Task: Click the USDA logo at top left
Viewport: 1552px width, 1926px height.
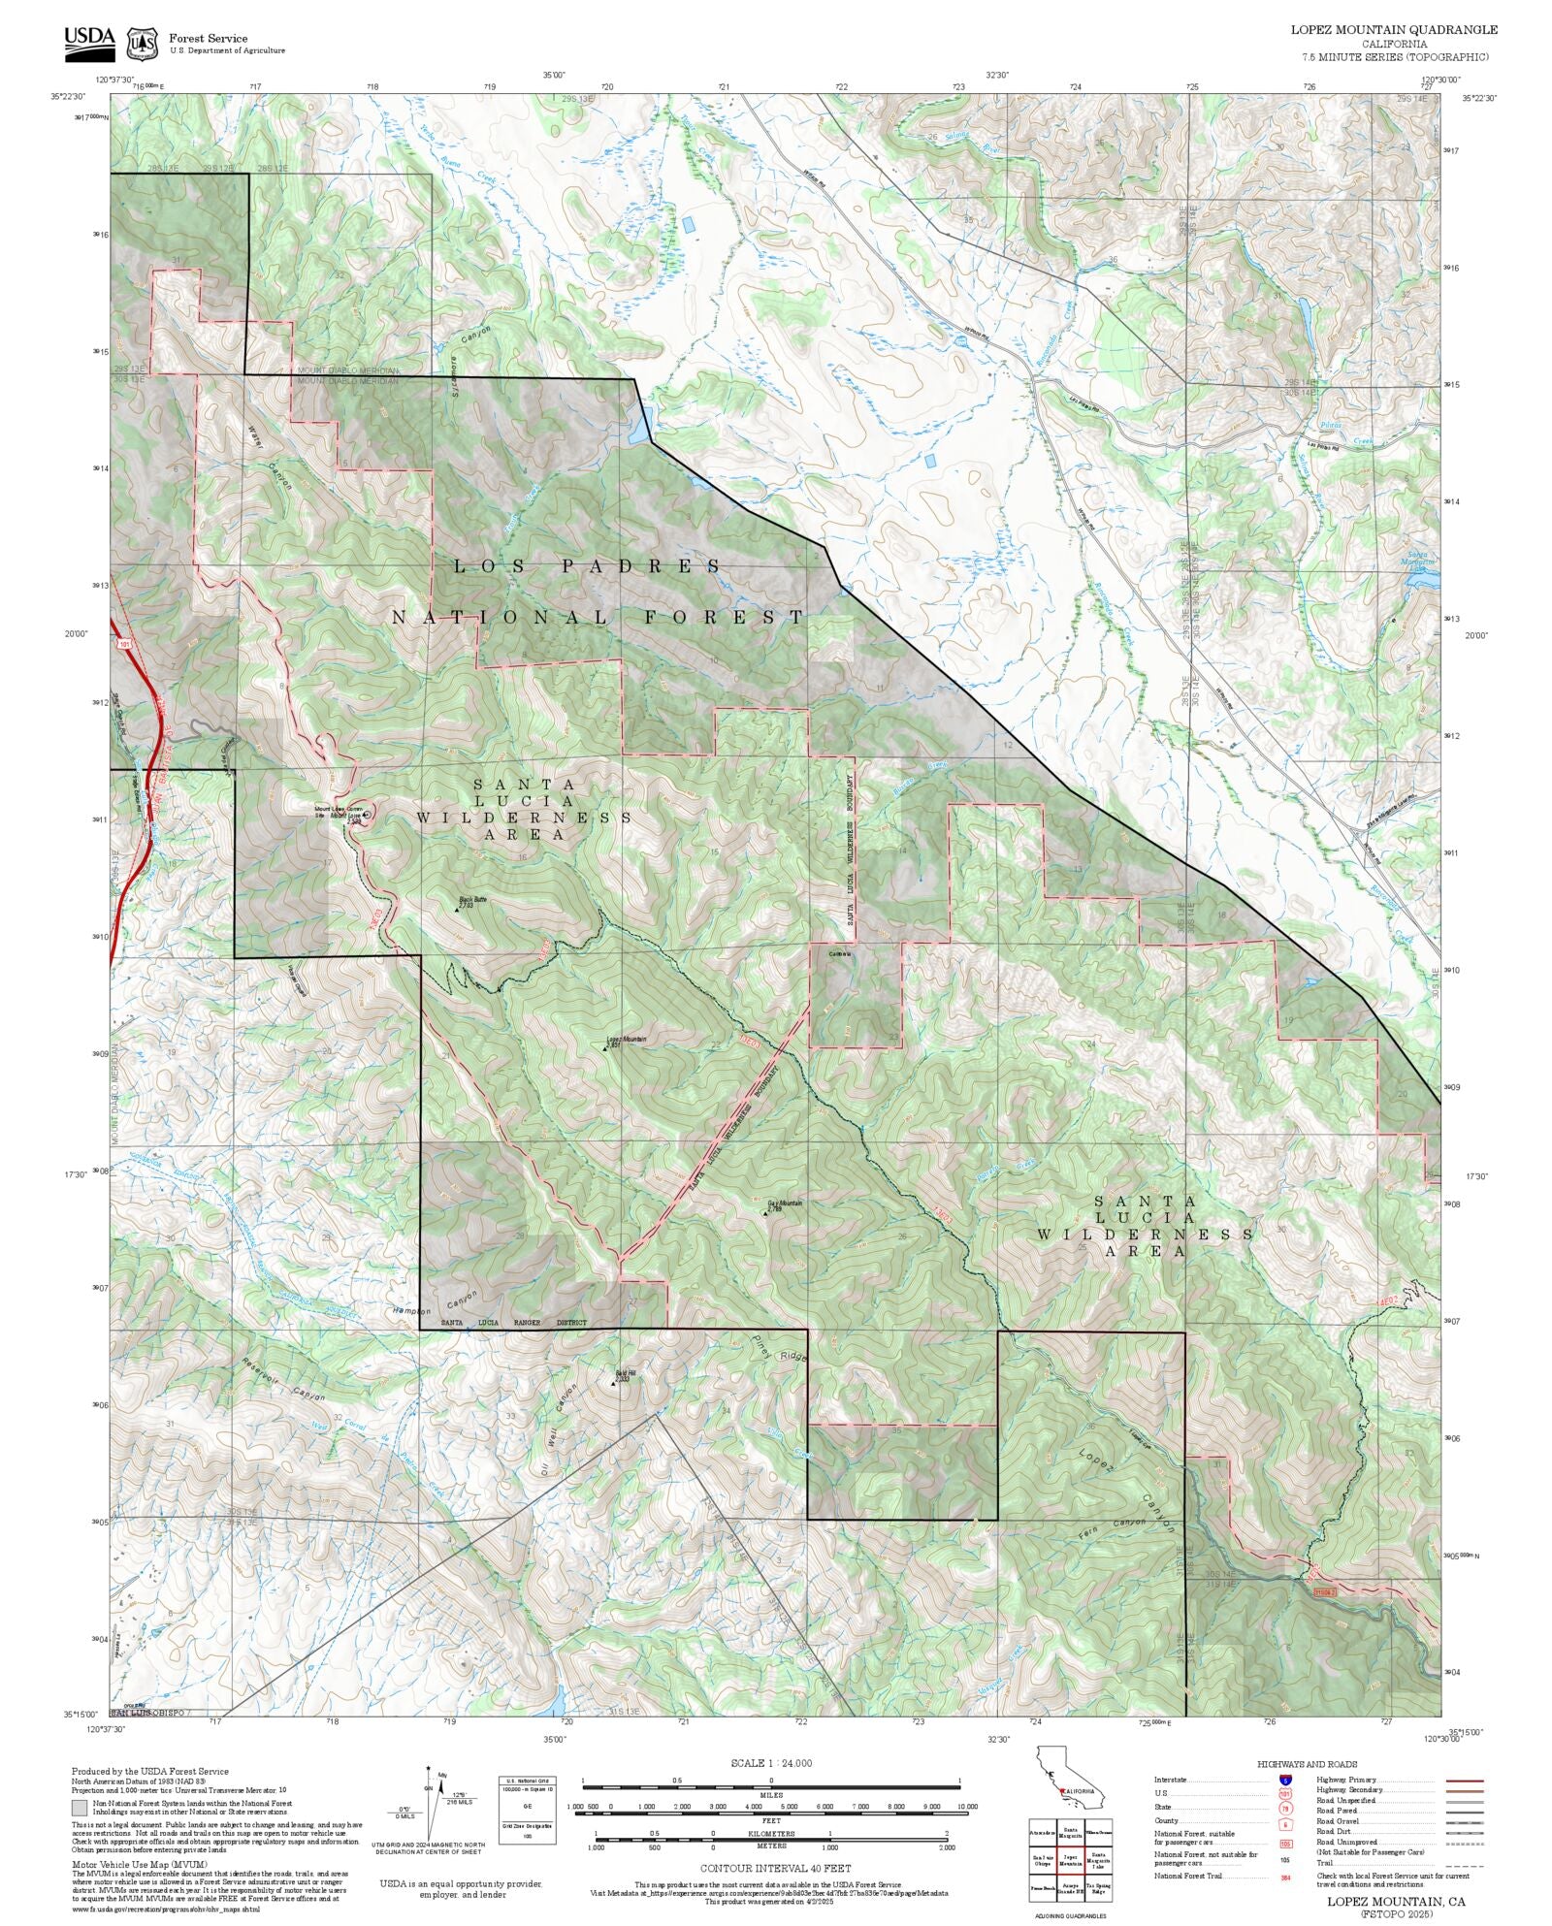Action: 89,42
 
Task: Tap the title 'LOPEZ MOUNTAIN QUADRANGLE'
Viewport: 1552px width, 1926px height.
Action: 1393,29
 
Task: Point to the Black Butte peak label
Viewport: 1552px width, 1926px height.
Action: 473,901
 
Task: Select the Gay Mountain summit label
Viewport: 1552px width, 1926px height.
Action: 785,1204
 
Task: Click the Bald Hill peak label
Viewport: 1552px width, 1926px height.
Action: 624,1374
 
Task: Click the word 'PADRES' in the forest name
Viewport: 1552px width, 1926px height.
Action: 641,566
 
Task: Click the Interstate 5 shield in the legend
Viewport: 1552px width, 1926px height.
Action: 1285,1781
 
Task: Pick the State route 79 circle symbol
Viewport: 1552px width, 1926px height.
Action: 1285,1809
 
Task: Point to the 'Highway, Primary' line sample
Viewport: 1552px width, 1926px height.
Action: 1465,1781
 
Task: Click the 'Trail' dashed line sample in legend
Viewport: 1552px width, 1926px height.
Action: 1465,1863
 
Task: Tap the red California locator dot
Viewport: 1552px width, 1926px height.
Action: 1062,1790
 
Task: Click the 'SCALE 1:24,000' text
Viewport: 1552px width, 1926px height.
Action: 771,1763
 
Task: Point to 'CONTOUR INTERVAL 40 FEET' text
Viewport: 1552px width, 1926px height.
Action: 775,1868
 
